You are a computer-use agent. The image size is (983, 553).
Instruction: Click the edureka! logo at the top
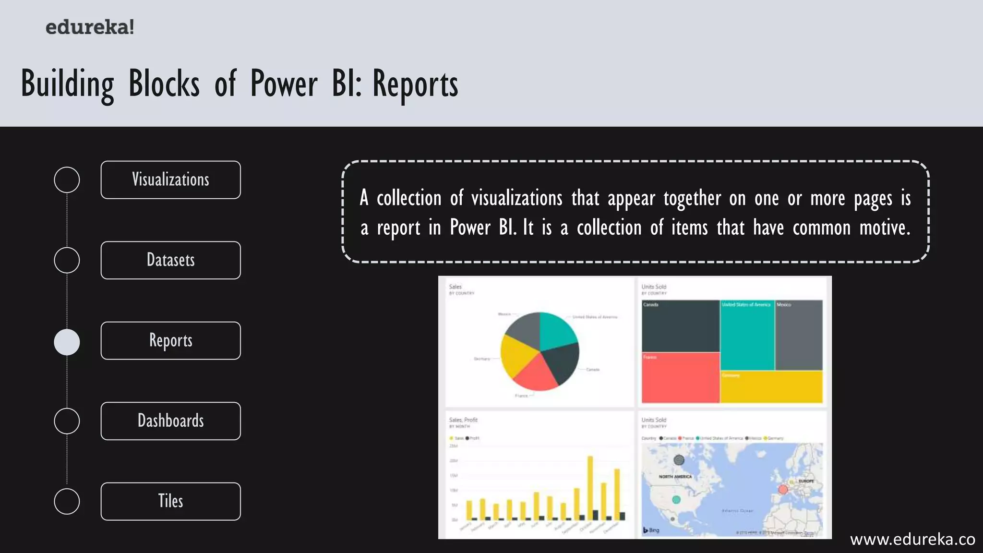(x=90, y=27)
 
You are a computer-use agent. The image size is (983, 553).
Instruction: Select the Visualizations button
(x=170, y=180)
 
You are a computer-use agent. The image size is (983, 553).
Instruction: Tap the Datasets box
(x=170, y=260)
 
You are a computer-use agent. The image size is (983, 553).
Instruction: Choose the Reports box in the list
(x=170, y=340)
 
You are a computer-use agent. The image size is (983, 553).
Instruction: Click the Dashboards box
(x=170, y=421)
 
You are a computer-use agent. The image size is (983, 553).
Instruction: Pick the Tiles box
(x=170, y=501)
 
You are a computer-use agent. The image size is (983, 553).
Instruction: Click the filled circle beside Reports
(x=67, y=342)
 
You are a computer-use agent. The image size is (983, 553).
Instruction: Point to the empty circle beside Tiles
(x=67, y=502)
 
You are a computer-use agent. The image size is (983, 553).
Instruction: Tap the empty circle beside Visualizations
(x=67, y=180)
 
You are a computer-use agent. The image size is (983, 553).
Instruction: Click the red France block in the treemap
(x=680, y=378)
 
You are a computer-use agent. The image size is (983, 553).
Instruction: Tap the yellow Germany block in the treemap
(x=771, y=387)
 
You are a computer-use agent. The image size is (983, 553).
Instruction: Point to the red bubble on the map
(x=783, y=489)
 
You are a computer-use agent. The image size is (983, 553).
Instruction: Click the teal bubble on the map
(x=676, y=500)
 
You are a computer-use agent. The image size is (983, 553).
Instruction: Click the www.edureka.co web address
(x=912, y=540)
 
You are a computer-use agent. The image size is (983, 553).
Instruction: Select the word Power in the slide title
(x=284, y=84)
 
